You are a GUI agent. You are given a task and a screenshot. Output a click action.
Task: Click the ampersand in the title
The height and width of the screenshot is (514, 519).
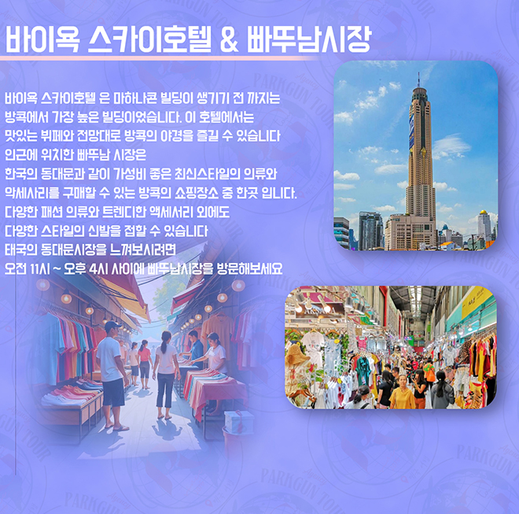[229, 40]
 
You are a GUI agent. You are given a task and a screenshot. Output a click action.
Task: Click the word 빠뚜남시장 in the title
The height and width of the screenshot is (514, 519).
[308, 39]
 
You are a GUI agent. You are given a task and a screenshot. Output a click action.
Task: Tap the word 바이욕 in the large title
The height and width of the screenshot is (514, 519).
[42, 39]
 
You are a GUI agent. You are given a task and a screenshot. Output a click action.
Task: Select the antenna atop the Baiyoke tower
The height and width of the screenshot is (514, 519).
[418, 80]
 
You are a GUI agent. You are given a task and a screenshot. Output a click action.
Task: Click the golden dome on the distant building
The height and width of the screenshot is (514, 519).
[484, 212]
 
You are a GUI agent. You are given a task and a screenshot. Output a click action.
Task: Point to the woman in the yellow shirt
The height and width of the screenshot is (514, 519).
[402, 392]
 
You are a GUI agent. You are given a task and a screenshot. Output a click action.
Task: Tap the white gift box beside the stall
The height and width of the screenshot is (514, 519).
[238, 422]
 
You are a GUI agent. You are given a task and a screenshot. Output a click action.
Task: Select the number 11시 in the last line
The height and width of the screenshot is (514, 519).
[40, 268]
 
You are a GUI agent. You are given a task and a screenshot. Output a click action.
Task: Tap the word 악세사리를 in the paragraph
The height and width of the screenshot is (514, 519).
[32, 193]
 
